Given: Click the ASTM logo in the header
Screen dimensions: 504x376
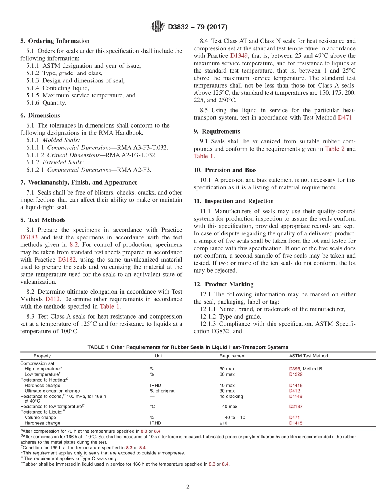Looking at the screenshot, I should pyautogui.click(x=158, y=27).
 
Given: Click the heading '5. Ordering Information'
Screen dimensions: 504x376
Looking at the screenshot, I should pyautogui.click(x=55, y=41).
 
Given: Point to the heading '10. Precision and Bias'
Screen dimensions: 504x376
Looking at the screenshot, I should pyautogui.click(x=225, y=170).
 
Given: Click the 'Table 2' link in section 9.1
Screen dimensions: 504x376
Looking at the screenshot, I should pyautogui.click(x=334, y=149).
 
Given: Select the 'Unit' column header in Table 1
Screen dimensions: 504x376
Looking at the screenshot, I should pyautogui.click(x=158, y=356).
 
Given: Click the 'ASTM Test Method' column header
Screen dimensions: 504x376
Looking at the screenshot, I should pyautogui.click(x=308, y=356).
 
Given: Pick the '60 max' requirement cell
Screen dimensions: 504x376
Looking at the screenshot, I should pyautogui.click(x=227, y=374).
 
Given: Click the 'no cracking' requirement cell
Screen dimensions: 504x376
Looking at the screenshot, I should pyautogui.click(x=231, y=396).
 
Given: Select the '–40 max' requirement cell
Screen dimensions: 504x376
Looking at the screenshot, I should pyautogui.click(x=228, y=406).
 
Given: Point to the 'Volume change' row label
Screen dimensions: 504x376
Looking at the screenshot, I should pyautogui.click(x=40, y=417).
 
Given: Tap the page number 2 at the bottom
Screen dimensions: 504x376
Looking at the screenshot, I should pyautogui.click(x=188, y=487).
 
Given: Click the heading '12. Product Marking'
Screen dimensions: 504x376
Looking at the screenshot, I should pyautogui.click(x=224, y=284).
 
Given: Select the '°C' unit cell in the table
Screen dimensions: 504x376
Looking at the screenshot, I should pyautogui.click(x=152, y=406).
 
